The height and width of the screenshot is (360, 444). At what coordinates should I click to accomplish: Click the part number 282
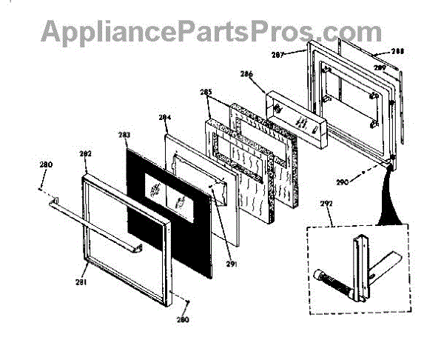point(86,153)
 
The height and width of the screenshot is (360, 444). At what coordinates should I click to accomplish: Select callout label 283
point(124,135)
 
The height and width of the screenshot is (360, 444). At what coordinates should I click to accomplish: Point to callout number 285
point(206,93)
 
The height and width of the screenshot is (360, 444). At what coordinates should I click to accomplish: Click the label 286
point(246,74)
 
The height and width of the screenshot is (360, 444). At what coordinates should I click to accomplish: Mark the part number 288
point(397,52)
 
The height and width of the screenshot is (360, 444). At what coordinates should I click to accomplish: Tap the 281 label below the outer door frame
point(81,282)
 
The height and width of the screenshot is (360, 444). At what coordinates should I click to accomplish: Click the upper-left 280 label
point(47,164)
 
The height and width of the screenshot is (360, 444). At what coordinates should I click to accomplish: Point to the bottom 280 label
point(183,320)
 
